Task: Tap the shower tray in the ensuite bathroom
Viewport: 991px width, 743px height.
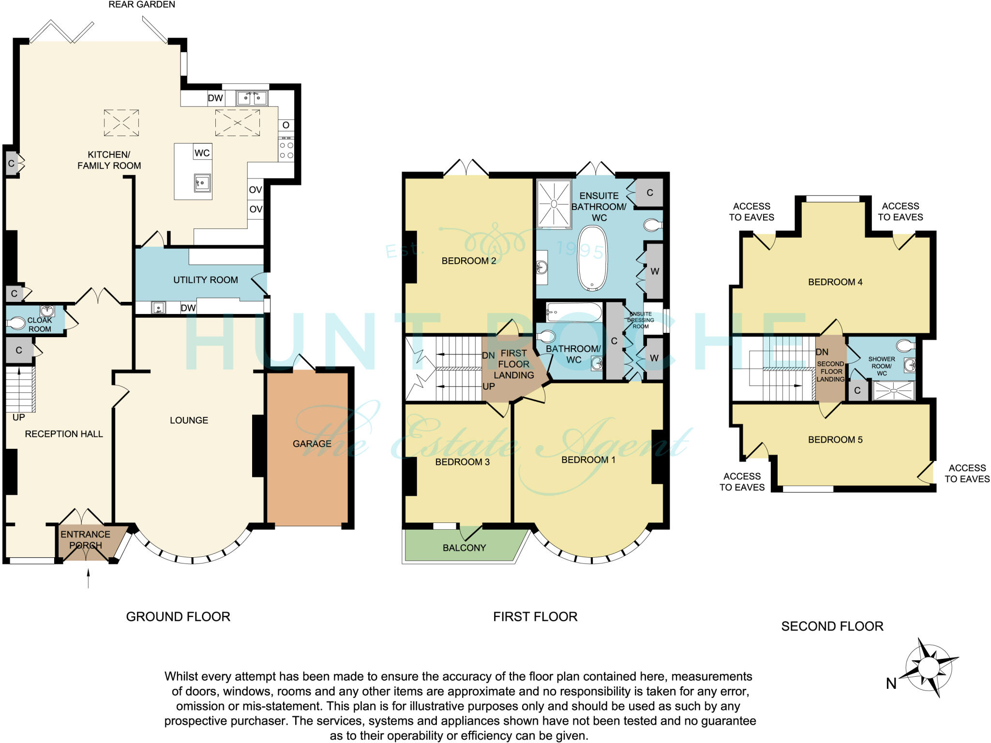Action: coord(554,203)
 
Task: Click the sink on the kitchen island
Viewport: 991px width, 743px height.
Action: coord(202,183)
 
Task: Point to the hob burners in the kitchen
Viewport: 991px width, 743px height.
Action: coord(286,150)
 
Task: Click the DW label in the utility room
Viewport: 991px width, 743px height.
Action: coord(188,308)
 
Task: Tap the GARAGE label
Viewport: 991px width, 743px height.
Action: coord(312,444)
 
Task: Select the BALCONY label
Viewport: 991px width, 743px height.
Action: coord(464,548)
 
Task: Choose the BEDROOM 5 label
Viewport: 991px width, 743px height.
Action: coord(835,440)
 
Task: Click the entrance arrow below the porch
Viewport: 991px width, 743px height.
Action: coord(88,579)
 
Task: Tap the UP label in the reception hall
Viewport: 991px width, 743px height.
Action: coord(18,417)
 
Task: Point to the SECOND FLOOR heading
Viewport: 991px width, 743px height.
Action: coord(832,626)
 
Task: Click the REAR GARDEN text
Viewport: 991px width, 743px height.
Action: coord(141,5)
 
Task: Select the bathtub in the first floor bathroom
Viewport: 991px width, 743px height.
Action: coord(574,312)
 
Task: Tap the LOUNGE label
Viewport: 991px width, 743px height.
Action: coord(189,420)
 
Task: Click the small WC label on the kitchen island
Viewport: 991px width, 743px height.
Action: coord(202,153)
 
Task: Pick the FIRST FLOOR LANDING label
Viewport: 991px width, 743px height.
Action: coord(514,364)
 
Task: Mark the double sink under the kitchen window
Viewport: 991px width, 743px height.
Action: coord(252,99)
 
